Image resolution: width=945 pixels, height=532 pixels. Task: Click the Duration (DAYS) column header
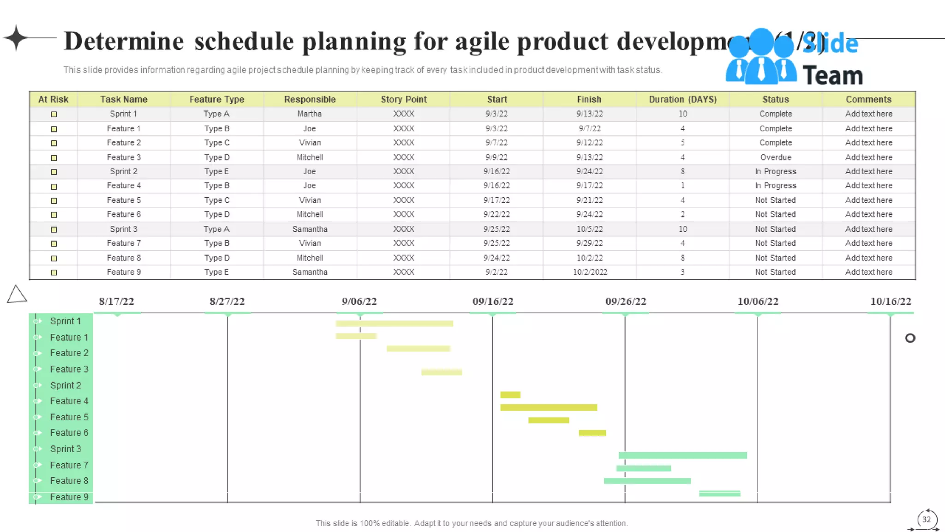pyautogui.click(x=682, y=99)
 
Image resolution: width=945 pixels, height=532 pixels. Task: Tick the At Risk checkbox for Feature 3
pyautogui.click(x=54, y=158)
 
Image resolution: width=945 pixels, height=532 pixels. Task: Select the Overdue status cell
pyautogui.click(x=776, y=157)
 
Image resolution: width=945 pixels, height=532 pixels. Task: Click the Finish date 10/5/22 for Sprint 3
pyautogui.click(x=589, y=229)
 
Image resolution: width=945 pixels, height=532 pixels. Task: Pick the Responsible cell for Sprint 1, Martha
pyautogui.click(x=310, y=114)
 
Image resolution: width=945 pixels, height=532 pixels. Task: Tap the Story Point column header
pyautogui.click(x=404, y=99)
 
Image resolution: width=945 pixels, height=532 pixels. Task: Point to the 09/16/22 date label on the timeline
pyautogui.click(x=493, y=302)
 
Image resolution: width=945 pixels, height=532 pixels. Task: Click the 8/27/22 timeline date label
pyautogui.click(x=227, y=302)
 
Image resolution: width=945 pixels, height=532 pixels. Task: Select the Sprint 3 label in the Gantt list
pyautogui.click(x=66, y=449)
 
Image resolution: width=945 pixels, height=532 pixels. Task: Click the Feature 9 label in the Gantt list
pyautogui.click(x=69, y=497)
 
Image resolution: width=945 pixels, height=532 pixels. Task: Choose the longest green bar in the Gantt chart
pyautogui.click(x=682, y=455)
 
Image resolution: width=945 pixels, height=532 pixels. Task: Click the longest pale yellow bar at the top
pyautogui.click(x=394, y=324)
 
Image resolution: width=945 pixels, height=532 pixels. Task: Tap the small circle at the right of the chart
pyautogui.click(x=910, y=339)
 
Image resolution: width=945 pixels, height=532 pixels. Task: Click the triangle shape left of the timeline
pyautogui.click(x=17, y=295)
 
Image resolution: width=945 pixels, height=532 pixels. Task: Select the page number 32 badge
pyautogui.click(x=926, y=520)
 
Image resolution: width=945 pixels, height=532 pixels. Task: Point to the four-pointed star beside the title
pyautogui.click(x=17, y=37)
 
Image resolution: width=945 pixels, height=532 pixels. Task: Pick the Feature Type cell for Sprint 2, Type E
pyautogui.click(x=216, y=171)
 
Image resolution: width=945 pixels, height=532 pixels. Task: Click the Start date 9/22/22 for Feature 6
pyautogui.click(x=496, y=214)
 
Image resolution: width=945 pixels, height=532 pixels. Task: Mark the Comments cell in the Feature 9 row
pyautogui.click(x=868, y=272)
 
